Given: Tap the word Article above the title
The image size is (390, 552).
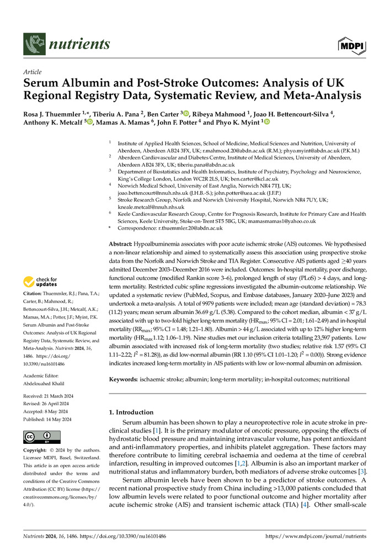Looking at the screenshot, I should [x=34, y=72].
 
